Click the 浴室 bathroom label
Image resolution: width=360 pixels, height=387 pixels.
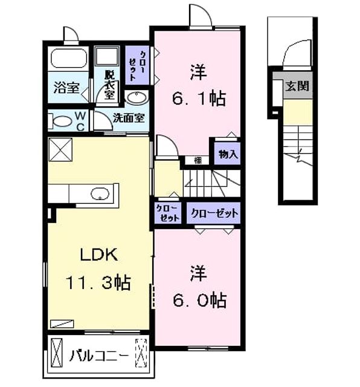(x=66, y=88)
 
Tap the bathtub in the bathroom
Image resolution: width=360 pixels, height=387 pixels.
(x=69, y=58)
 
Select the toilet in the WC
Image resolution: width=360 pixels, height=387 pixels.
(x=60, y=121)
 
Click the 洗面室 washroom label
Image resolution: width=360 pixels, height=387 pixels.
(x=129, y=119)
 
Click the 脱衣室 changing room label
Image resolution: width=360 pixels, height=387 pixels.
(x=109, y=85)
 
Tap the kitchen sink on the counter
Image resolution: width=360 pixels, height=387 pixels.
(x=100, y=193)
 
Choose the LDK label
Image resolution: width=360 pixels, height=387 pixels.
(x=99, y=255)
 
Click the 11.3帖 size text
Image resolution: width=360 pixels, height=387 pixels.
(x=98, y=282)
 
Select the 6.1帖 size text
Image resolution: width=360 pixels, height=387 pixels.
(x=199, y=99)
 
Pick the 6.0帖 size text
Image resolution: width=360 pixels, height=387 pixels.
(x=199, y=300)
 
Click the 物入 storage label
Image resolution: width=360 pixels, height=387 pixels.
(x=228, y=155)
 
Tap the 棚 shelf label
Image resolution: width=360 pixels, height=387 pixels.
(x=198, y=161)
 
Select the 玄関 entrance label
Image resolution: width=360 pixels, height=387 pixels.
(x=297, y=86)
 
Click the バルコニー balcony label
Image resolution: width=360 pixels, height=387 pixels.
(x=99, y=356)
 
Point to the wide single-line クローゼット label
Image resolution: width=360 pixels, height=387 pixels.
(x=214, y=213)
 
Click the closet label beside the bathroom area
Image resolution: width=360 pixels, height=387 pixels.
(x=137, y=66)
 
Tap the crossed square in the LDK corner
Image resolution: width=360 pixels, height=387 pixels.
(x=60, y=150)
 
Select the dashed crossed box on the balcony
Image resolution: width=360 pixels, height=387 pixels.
(x=141, y=353)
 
